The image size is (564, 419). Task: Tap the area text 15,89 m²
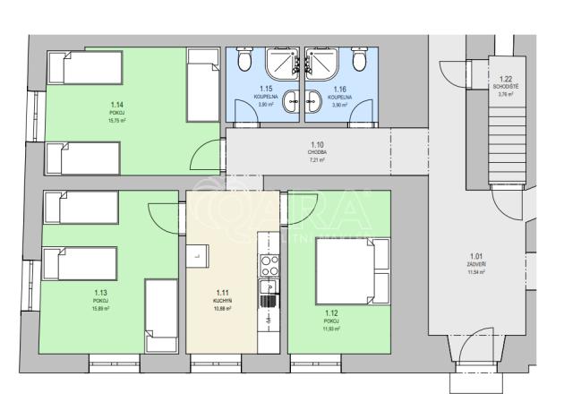pyautogui.click(x=100, y=309)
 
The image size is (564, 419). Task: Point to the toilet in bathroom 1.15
pyautogui.click(x=245, y=60)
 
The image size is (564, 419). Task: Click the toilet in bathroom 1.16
pyautogui.click(x=360, y=60)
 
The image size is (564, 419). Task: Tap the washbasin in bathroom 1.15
pyautogui.click(x=292, y=104)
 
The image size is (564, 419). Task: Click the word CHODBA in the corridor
pyautogui.click(x=316, y=152)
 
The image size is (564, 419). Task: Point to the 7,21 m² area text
pyautogui.click(x=316, y=160)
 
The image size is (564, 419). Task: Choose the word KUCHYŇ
pyautogui.click(x=223, y=301)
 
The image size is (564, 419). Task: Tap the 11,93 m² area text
pyautogui.click(x=331, y=329)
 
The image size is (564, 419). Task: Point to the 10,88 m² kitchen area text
pyautogui.click(x=223, y=309)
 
